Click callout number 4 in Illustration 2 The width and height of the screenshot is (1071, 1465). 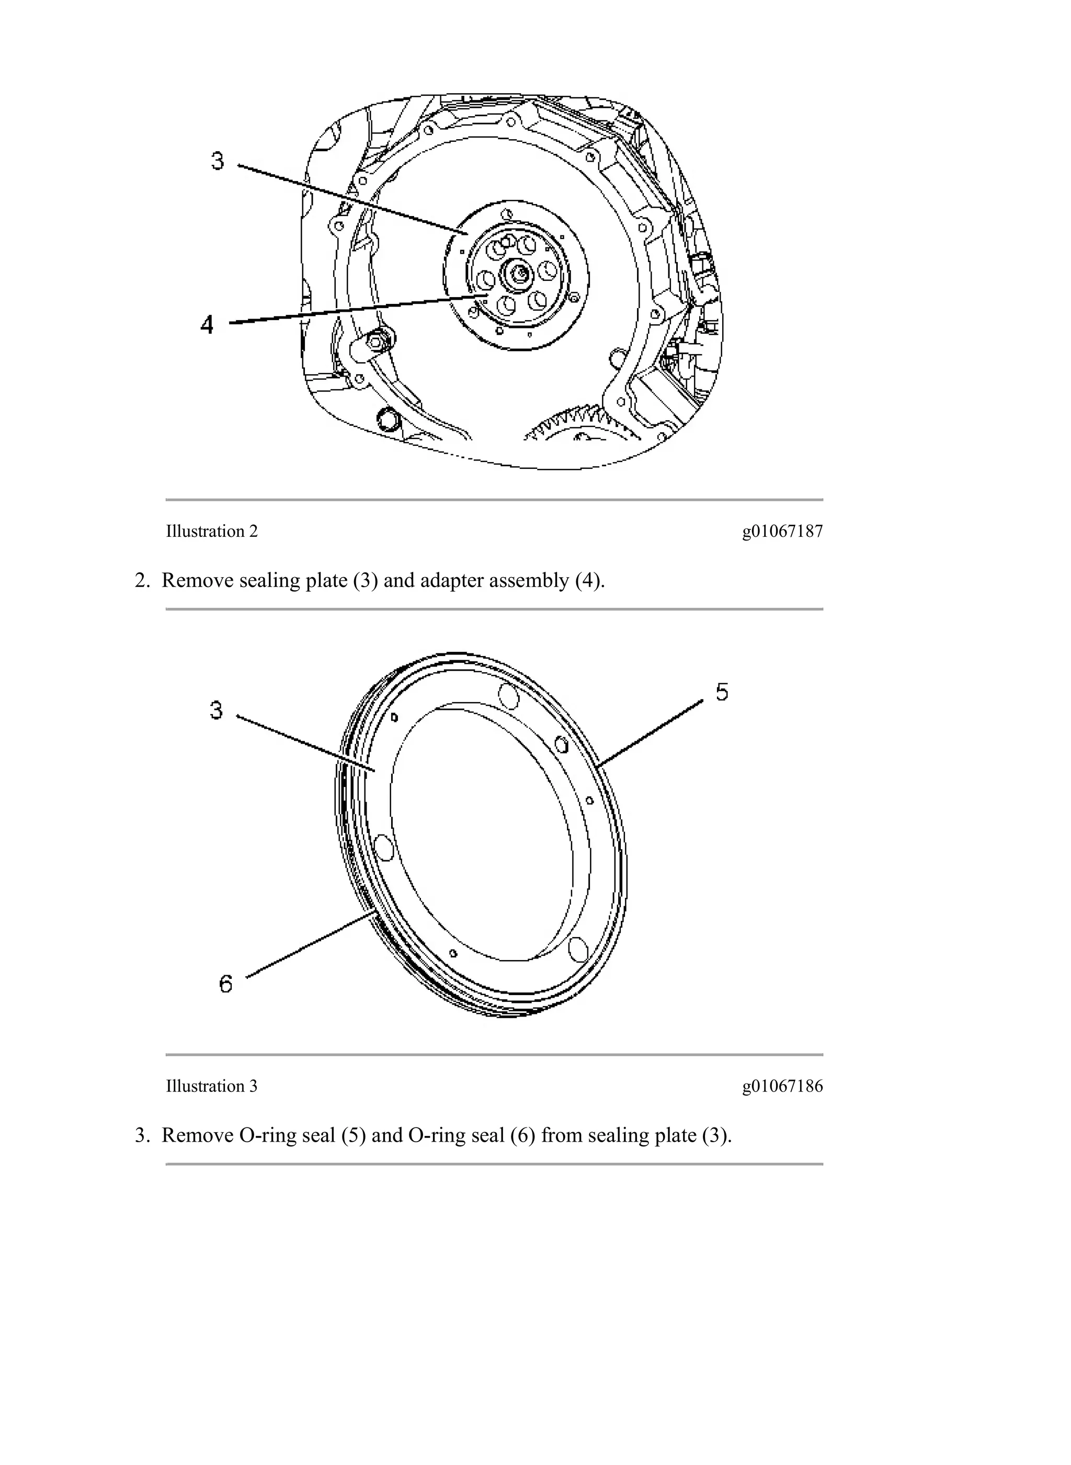point(207,324)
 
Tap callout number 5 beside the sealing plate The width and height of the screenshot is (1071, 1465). point(722,693)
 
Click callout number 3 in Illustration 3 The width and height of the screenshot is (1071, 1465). point(217,710)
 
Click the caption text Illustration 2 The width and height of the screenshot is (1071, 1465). point(211,531)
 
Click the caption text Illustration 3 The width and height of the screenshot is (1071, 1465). point(211,1086)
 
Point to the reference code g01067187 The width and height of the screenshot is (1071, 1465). point(782,531)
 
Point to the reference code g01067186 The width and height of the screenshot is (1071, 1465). point(782,1086)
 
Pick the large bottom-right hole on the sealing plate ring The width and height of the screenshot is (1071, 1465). point(576,950)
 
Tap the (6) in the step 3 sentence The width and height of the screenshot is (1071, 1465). point(522,1135)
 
